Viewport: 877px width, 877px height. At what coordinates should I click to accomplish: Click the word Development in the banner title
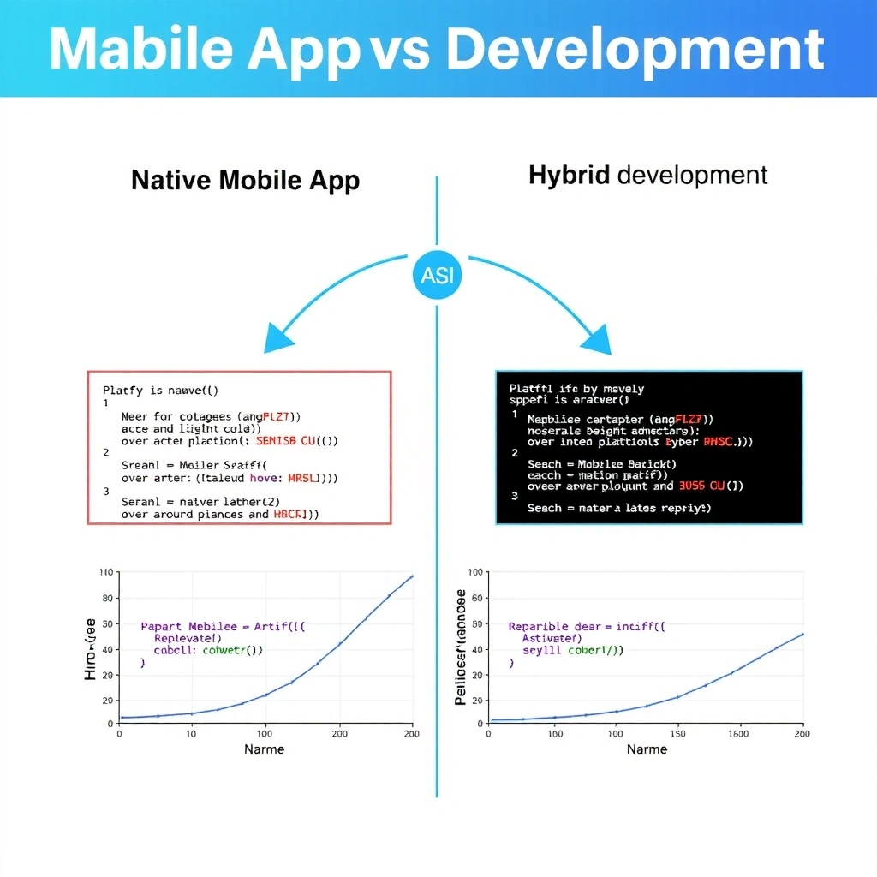(635, 50)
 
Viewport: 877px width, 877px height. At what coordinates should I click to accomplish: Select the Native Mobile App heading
(245, 181)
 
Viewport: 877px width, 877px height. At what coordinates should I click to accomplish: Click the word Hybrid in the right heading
(569, 176)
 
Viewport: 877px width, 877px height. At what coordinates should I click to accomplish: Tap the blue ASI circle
(437, 275)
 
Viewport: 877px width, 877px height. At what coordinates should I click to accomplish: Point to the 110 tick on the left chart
(106, 572)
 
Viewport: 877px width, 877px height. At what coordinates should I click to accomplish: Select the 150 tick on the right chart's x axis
(677, 733)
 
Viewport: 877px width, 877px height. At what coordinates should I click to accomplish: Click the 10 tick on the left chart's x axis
(191, 733)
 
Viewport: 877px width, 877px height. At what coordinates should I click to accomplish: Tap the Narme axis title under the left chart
(264, 749)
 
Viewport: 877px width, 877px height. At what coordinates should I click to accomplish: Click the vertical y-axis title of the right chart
(461, 647)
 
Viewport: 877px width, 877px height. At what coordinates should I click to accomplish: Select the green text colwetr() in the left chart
(232, 650)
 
